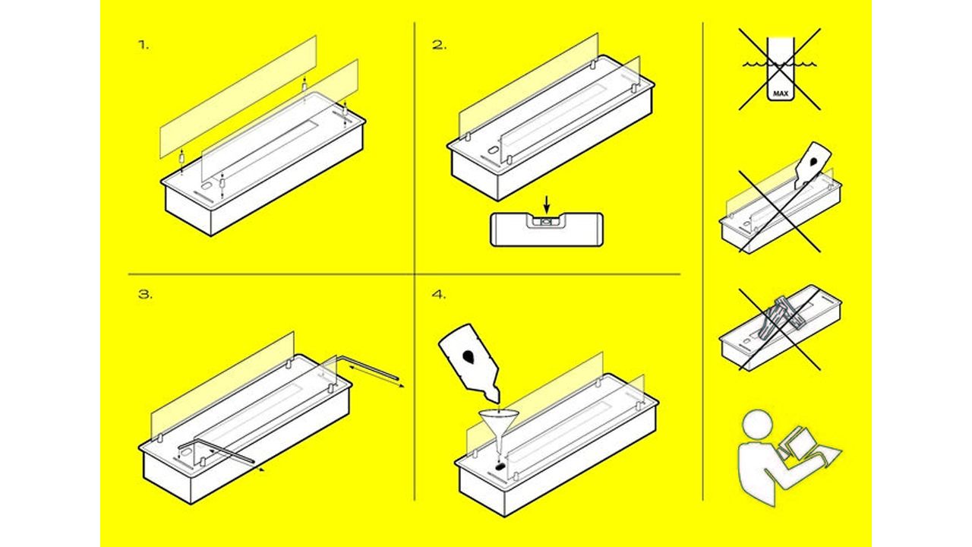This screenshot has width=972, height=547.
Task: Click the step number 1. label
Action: click(x=144, y=45)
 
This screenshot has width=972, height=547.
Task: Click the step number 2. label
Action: click(x=439, y=45)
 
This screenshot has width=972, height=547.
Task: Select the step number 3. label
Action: click(x=145, y=294)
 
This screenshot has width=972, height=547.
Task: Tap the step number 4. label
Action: click(x=439, y=294)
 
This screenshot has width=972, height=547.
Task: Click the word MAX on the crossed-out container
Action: click(x=781, y=93)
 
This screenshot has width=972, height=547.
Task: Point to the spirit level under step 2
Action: click(x=547, y=229)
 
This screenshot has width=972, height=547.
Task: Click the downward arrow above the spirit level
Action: click(x=547, y=204)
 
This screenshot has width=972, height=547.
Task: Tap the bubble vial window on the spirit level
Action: click(x=547, y=222)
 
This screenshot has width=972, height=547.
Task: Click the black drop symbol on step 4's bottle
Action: click(x=469, y=356)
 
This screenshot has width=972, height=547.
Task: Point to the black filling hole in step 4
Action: click(x=500, y=466)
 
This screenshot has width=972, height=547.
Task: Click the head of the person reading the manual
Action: click(x=757, y=425)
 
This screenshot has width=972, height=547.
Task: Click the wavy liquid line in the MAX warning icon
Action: click(x=780, y=65)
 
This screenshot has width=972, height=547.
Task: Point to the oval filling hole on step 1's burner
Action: click(x=206, y=187)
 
